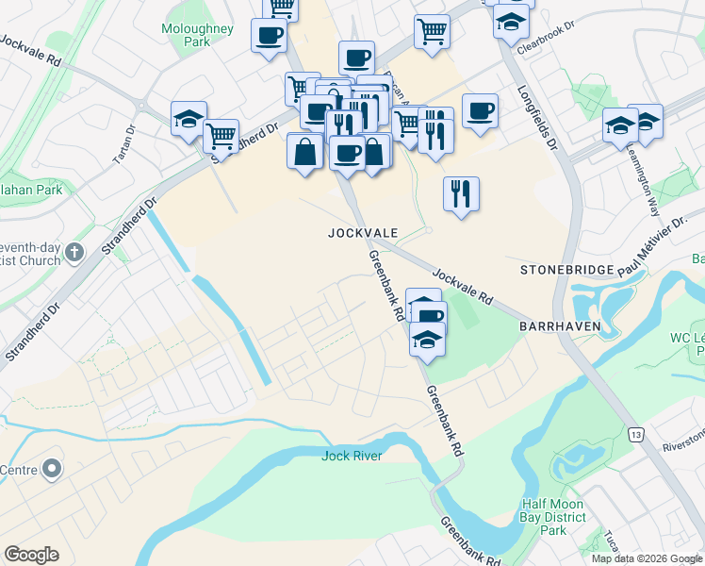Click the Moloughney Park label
[197, 36]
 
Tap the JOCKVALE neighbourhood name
[363, 232]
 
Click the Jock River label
[352, 457]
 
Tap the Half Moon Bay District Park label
[552, 517]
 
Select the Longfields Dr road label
[538, 119]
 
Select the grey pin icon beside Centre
[52, 469]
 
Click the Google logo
[31, 555]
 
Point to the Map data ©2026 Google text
[646, 558]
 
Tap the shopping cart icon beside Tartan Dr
[221, 136]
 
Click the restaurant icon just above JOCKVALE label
[461, 194]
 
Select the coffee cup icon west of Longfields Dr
[480, 111]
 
